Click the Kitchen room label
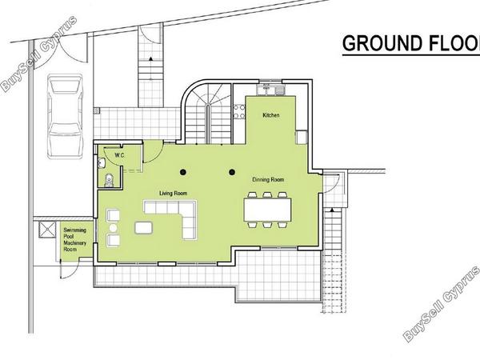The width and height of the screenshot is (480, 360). point(271,115)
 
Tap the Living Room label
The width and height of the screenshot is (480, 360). point(173,194)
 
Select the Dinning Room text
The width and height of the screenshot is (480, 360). point(268,180)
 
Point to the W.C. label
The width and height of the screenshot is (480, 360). point(120,155)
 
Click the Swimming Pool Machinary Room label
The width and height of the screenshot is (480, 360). point(74,239)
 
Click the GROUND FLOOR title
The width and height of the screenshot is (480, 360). point(411,43)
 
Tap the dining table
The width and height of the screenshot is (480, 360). point(267,210)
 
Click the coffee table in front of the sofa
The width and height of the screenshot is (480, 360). point(143,228)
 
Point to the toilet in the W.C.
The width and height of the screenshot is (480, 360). point(108,180)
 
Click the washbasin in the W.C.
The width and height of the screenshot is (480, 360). point(101,163)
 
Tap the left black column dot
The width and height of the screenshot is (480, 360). point(183,172)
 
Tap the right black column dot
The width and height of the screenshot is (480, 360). point(232,172)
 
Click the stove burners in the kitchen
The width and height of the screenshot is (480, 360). point(239,111)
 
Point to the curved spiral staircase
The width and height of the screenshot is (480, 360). point(208,114)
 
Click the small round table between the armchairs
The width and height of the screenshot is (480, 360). point(113,228)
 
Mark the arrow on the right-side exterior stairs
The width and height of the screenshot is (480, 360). point(331,210)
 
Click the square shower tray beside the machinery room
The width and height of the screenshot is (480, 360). point(47,230)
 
